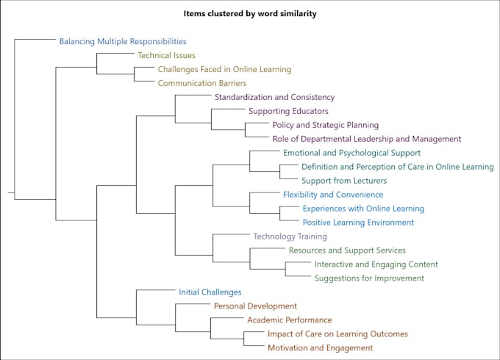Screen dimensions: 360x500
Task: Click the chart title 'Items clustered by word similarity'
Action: click(x=250, y=13)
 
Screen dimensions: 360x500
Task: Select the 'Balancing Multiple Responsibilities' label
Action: click(x=123, y=42)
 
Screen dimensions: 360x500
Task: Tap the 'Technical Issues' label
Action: click(x=166, y=55)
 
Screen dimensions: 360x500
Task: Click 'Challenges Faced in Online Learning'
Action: click(x=224, y=69)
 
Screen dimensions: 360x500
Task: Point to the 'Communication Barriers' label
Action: click(x=202, y=83)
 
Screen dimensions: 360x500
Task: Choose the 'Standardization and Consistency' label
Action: click(x=274, y=97)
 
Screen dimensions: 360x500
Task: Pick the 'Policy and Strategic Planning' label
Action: click(x=325, y=125)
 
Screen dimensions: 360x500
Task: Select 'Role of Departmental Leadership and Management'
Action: click(x=366, y=139)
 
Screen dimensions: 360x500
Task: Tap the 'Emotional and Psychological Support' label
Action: click(x=351, y=153)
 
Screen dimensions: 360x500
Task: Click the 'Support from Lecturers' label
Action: click(x=343, y=181)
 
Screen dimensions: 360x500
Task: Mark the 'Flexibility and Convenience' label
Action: click(x=333, y=195)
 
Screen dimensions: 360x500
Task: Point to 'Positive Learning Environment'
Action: click(x=358, y=223)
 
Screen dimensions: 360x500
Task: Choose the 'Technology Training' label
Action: click(x=290, y=237)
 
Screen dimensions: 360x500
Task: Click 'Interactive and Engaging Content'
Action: click(x=376, y=264)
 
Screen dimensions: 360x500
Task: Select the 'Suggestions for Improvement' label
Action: click(x=369, y=278)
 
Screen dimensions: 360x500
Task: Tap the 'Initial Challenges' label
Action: click(x=210, y=292)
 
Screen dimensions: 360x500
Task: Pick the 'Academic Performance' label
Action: click(x=289, y=320)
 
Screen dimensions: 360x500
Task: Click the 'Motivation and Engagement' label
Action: click(x=320, y=348)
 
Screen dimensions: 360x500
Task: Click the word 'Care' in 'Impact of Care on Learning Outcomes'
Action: click(x=312, y=334)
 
